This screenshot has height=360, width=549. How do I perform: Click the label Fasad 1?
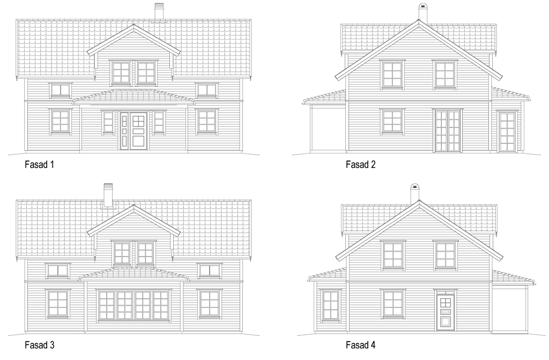[39, 164]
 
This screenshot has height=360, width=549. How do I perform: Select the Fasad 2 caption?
[361, 164]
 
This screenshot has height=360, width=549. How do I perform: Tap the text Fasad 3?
[40, 345]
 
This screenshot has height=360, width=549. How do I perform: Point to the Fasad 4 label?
[361, 345]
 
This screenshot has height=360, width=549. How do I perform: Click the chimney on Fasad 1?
[159, 11]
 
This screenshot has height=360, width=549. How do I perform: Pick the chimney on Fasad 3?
[108, 195]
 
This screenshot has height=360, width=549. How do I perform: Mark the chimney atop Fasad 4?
[415, 193]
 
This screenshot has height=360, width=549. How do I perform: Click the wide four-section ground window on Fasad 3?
[133, 305]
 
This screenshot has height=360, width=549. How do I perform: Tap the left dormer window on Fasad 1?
[122, 74]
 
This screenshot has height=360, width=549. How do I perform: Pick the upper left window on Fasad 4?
[392, 255]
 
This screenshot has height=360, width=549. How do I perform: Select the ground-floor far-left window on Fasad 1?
[60, 121]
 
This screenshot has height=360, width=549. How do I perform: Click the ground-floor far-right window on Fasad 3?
[209, 304]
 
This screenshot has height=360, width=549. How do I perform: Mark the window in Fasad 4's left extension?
[330, 305]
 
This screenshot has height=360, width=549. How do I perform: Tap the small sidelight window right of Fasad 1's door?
[159, 122]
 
